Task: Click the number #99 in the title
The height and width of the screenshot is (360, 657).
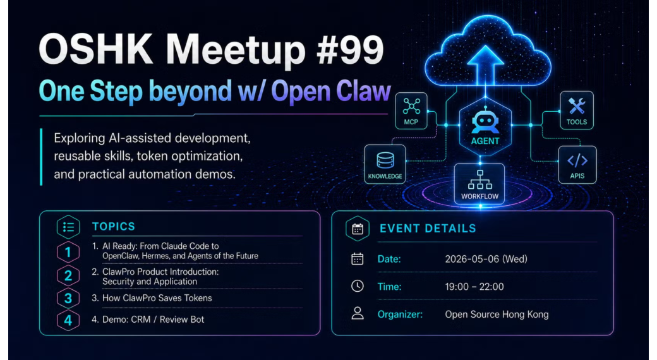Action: point(350,50)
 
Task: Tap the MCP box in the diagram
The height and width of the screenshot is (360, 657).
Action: point(411,111)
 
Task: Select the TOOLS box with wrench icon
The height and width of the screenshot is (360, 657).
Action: point(577,111)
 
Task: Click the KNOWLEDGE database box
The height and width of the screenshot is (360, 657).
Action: point(385,164)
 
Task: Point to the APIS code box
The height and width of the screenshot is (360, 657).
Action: point(577,164)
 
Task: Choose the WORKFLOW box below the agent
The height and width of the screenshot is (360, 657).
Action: point(479,184)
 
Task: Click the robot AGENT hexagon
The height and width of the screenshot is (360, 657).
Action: point(485,125)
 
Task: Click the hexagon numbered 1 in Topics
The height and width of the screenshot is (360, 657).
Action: point(68,252)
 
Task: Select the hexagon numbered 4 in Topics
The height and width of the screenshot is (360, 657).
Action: point(68,320)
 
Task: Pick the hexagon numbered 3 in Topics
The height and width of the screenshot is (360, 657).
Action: point(68,298)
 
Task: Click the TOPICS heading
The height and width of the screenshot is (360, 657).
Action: point(114,227)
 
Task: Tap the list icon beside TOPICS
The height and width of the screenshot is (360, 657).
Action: point(68,227)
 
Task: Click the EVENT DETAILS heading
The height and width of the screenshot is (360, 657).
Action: point(428,229)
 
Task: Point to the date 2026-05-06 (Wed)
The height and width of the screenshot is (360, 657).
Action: point(486,259)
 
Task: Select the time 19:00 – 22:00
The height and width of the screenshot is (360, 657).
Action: point(474,287)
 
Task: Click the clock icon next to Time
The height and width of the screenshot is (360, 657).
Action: point(358,286)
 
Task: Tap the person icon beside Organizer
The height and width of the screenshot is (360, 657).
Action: point(358,313)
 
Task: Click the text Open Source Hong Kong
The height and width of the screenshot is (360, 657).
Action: point(497,315)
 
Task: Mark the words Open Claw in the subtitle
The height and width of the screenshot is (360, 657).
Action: point(331,92)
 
